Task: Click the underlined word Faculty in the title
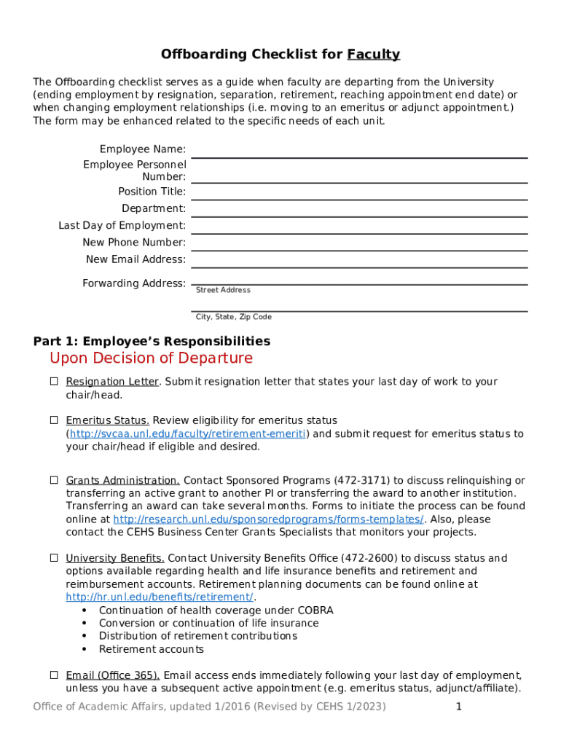click(374, 55)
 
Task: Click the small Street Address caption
click(223, 290)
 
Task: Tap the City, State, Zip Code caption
click(233, 317)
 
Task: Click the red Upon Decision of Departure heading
click(151, 358)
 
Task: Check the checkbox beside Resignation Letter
click(54, 381)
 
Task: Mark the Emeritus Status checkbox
click(54, 420)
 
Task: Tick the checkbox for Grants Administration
click(54, 480)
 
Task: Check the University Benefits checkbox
click(54, 558)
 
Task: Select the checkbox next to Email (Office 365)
click(54, 675)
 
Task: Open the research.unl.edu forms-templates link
click(268, 519)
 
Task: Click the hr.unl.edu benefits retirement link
click(160, 597)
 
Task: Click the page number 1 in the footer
click(459, 707)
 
